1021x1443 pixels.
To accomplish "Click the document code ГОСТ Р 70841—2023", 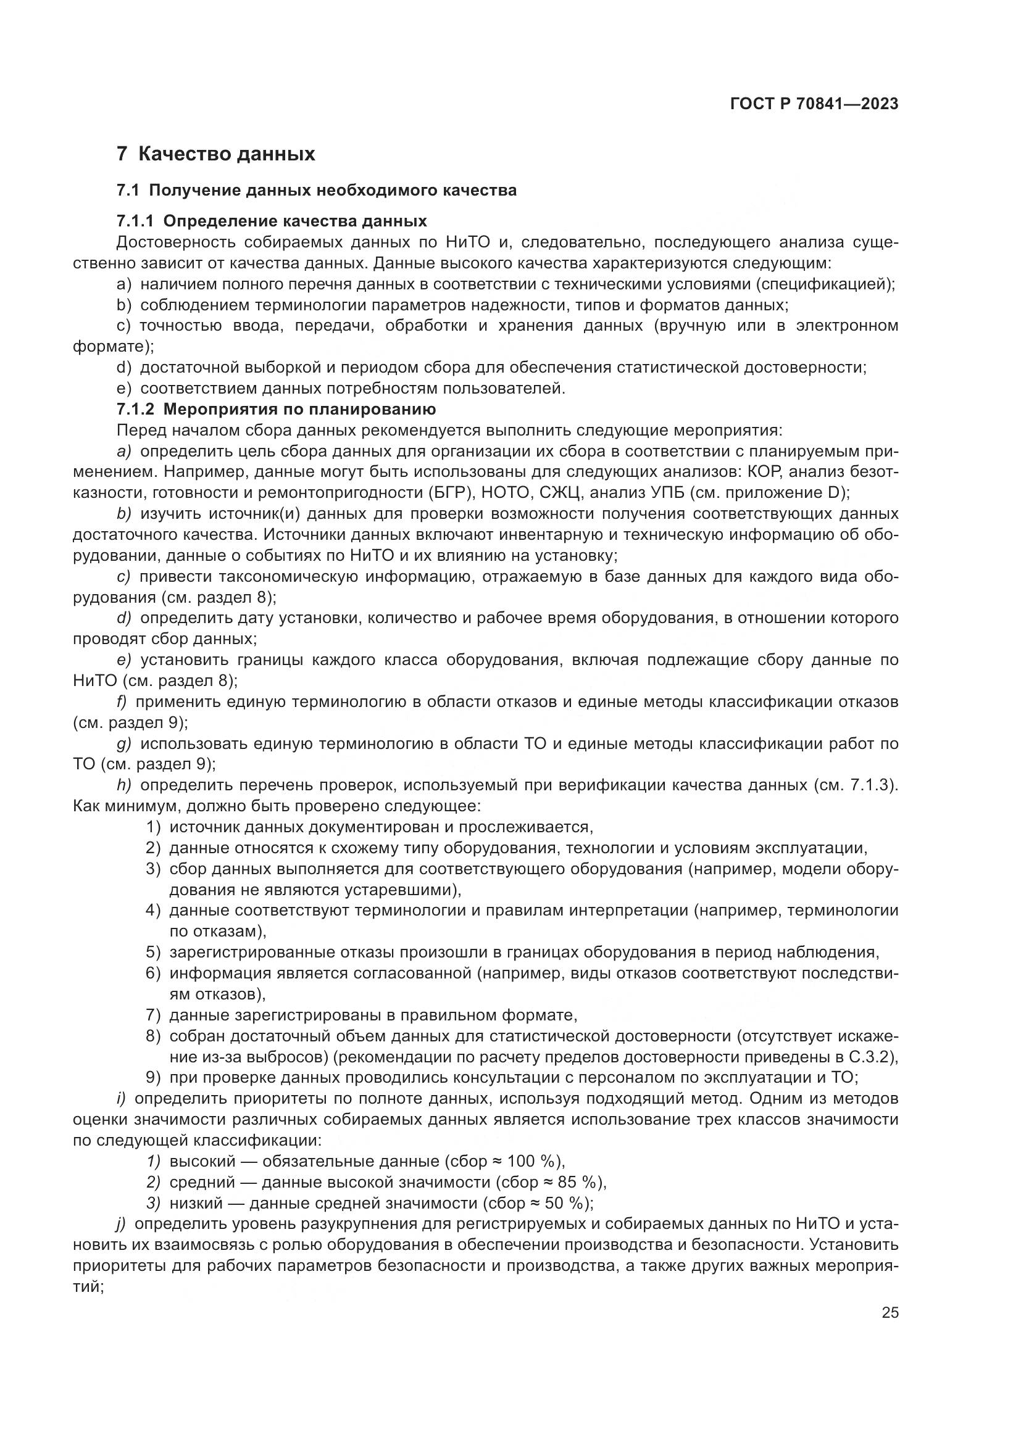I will click(814, 104).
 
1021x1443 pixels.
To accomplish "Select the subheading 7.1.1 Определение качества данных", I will click(272, 221).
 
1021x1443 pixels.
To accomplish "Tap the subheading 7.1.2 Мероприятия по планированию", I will click(276, 410).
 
